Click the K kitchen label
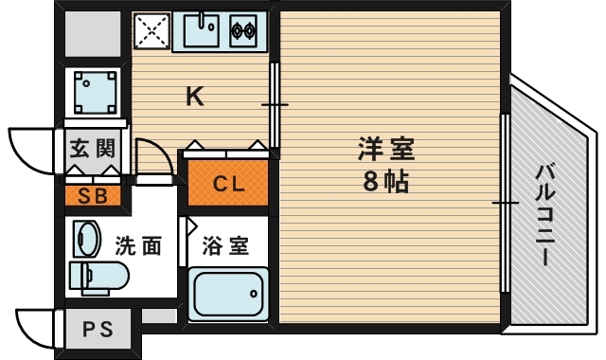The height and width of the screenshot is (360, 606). (195, 96)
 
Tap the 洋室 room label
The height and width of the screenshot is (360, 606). (386, 150)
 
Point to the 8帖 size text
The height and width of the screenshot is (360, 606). (386, 181)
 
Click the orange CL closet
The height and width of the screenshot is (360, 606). (228, 184)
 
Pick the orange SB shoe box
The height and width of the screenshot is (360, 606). (92, 197)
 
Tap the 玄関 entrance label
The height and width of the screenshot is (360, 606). (93, 149)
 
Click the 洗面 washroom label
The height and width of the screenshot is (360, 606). (138, 247)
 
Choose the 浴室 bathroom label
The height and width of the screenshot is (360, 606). (227, 247)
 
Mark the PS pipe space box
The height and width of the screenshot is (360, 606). (97, 331)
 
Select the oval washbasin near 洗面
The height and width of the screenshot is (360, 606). (87, 239)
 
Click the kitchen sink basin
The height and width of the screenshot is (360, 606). (202, 33)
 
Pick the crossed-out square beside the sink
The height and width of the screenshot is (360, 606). (152, 32)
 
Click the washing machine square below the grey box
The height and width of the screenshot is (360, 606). (95, 91)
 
